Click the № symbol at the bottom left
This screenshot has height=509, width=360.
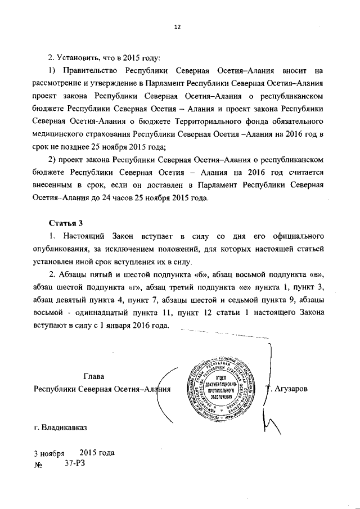38,465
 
